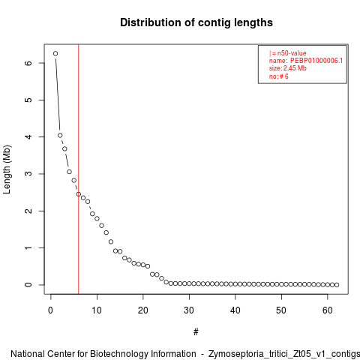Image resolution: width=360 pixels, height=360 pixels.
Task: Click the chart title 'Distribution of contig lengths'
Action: (x=196, y=22)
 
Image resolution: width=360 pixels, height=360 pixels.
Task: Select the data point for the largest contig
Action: (x=55, y=53)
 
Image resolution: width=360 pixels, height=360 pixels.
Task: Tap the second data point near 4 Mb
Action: (x=60, y=135)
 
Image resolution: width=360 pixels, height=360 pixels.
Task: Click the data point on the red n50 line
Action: (x=79, y=194)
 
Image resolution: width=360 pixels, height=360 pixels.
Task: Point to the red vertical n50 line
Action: (x=79, y=169)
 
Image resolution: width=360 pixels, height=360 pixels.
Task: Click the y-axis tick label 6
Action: (x=28, y=63)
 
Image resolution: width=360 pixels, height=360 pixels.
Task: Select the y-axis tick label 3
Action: (x=28, y=174)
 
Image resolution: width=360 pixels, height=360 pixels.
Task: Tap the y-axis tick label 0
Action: (x=28, y=285)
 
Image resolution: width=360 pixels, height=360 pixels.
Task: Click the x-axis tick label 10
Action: (x=97, y=310)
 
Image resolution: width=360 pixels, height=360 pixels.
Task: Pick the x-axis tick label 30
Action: (x=189, y=310)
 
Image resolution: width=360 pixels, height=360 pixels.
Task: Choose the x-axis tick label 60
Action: (x=328, y=310)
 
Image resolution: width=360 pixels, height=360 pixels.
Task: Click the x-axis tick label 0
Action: (x=50, y=310)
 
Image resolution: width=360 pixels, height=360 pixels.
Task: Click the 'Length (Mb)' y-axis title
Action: (x=7, y=169)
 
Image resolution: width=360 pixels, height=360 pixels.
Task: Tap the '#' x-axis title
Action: (x=196, y=332)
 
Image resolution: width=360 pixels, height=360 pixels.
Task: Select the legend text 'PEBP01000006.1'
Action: (x=316, y=61)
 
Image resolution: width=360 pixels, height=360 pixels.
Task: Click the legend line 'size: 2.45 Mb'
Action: (x=288, y=68)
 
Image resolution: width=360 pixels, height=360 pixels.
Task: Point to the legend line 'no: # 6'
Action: (x=279, y=76)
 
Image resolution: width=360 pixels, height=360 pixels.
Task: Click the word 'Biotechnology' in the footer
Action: (x=142, y=354)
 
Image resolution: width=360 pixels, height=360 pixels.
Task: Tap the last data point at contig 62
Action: (x=337, y=285)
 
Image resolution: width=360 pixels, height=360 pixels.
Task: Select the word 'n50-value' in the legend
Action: (x=292, y=53)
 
